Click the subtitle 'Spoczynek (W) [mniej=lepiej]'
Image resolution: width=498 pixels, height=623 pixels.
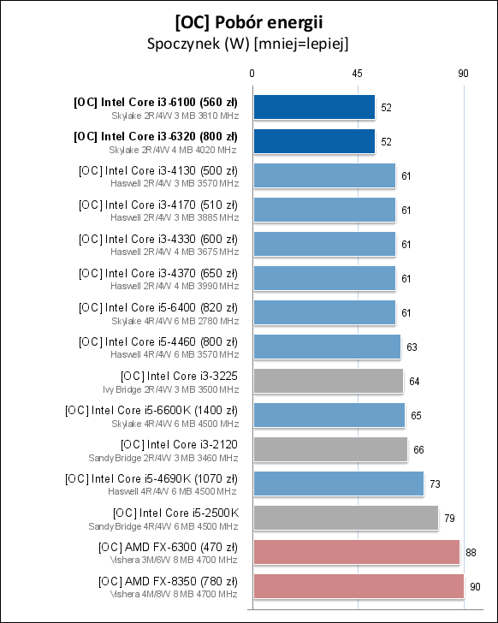(x=248, y=42)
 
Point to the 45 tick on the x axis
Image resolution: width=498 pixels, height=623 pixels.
(x=358, y=74)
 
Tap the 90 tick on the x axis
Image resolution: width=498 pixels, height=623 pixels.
(x=463, y=74)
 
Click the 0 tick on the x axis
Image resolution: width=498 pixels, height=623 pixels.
(x=252, y=74)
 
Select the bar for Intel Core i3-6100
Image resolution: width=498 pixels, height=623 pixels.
(x=314, y=107)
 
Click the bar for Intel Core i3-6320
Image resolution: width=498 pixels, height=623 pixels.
(x=314, y=141)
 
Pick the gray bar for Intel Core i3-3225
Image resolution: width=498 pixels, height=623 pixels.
(x=328, y=381)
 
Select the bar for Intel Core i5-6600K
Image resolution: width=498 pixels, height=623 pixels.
(x=329, y=415)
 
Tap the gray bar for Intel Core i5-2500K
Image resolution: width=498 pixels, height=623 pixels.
(x=346, y=518)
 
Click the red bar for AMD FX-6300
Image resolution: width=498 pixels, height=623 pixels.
(x=356, y=552)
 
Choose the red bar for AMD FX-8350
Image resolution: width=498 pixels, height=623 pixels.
(x=359, y=586)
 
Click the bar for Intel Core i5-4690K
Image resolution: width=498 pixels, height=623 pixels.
(x=339, y=484)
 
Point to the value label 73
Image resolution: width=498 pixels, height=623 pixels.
(x=435, y=484)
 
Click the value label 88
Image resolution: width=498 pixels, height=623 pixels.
(x=471, y=553)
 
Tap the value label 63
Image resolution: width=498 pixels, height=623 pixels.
(x=412, y=347)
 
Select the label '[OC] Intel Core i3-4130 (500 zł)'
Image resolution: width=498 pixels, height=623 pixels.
(x=157, y=170)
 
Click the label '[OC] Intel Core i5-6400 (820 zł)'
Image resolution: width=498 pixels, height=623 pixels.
(x=157, y=307)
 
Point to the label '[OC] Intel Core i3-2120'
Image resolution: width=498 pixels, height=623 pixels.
(x=179, y=444)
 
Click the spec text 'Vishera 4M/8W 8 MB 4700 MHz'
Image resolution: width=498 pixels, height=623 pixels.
(x=174, y=593)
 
